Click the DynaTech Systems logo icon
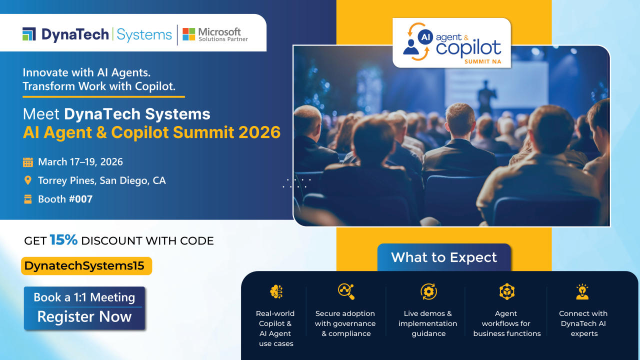29,34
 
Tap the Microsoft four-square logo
188,34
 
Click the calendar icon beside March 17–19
28,162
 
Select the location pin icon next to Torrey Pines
28,180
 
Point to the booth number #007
80,199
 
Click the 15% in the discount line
63,240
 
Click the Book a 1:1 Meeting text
84,297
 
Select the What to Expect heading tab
444,257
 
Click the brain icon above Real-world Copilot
276,291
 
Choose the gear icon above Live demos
428,291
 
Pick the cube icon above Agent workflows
506,291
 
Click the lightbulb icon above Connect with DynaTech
582,291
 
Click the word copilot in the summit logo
468,48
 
